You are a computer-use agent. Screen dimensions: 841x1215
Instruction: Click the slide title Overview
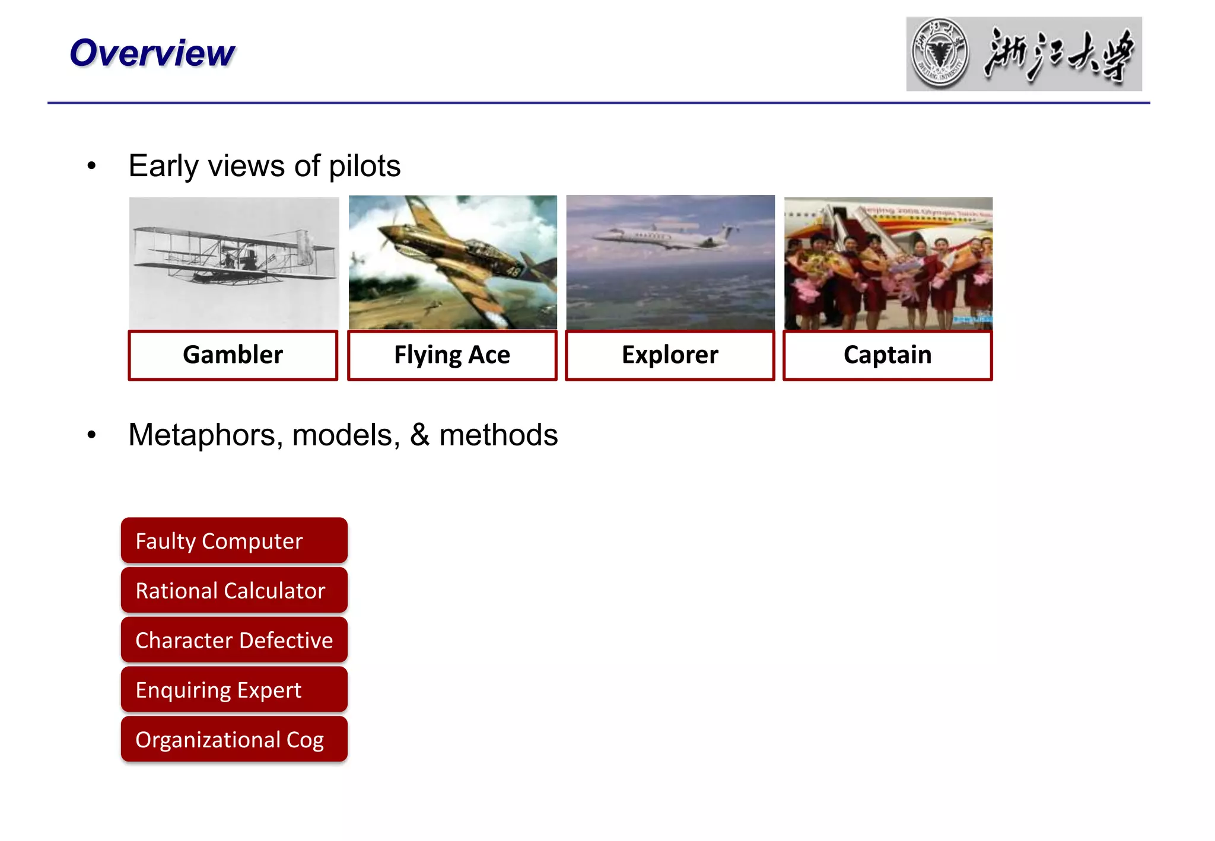coord(152,53)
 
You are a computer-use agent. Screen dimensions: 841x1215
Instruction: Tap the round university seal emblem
coord(940,53)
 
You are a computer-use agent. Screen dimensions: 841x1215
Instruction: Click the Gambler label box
coord(233,355)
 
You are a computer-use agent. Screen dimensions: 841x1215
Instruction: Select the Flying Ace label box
coord(452,355)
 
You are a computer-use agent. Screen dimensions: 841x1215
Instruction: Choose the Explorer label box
coord(670,355)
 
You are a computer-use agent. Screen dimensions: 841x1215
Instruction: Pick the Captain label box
coord(888,355)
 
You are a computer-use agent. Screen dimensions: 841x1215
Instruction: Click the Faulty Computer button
coord(234,541)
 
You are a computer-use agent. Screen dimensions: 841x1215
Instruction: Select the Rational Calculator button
coord(234,591)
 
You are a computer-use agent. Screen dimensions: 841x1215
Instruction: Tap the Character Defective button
coord(234,641)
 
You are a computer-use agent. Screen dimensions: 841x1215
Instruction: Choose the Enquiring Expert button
coord(234,690)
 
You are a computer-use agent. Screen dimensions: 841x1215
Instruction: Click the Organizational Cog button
coord(234,740)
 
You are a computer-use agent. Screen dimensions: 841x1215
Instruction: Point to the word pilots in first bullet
coord(364,166)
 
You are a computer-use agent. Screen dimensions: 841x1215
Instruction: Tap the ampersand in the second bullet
coord(419,435)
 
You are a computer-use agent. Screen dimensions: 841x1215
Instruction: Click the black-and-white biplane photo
coord(234,262)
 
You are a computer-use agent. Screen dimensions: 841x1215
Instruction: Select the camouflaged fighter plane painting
coord(453,262)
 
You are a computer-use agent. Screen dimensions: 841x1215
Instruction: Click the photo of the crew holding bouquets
coord(888,263)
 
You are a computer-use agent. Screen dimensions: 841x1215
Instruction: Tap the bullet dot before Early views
coord(91,166)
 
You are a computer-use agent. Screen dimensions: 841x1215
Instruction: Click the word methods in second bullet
coord(498,435)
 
